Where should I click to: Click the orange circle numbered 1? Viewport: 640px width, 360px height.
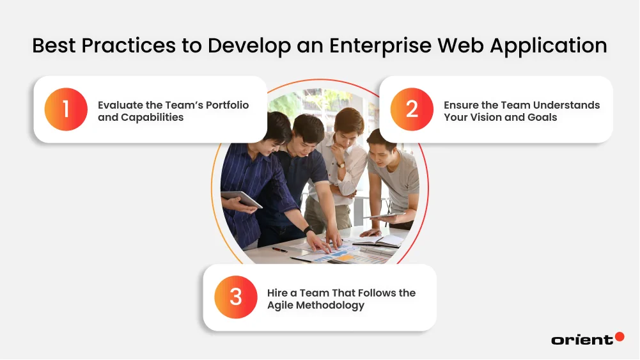point(65,109)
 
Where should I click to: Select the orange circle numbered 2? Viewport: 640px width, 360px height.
point(412,109)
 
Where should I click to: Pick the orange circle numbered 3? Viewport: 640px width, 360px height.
point(236,297)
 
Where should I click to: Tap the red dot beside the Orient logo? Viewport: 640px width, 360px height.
point(619,336)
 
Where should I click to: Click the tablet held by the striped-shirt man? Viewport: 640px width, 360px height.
point(241,200)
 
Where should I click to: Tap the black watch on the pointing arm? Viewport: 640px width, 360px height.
point(309,230)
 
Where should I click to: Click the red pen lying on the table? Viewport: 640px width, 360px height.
point(279,250)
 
